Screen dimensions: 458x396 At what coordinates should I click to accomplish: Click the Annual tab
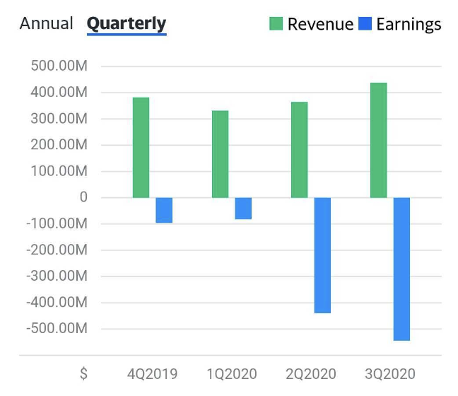pos(46,23)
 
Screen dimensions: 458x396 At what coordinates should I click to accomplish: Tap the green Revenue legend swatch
pos(276,23)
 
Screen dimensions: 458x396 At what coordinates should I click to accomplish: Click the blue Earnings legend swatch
pos(365,23)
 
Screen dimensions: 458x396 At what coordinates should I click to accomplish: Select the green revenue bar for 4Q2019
pos(141,148)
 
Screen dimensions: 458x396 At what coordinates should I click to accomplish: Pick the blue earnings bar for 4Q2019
pos(164,210)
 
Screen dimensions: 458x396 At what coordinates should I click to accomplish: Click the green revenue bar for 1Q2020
pos(221,154)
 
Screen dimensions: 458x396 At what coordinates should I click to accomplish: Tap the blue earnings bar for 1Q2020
pos(243,209)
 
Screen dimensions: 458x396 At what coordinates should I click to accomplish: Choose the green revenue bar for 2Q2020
pos(300,150)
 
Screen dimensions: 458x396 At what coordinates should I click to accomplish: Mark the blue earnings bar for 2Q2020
pos(322,255)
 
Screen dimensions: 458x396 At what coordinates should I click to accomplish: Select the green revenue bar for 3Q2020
pos(379,140)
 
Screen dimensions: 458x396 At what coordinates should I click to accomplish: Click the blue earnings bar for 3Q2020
pos(401,269)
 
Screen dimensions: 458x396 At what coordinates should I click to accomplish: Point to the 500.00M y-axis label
pos(59,66)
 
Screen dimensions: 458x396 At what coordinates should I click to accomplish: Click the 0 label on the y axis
pos(83,197)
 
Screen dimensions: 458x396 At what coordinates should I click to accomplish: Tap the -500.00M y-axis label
pos(57,328)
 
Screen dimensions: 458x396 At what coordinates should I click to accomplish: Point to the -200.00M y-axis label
pos(57,250)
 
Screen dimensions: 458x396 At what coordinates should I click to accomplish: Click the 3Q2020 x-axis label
pos(390,374)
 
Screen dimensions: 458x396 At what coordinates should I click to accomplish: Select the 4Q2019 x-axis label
pos(152,374)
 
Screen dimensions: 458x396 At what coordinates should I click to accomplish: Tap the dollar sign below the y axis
pos(84,374)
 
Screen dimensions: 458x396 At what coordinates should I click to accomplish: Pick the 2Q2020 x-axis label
pos(311,374)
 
